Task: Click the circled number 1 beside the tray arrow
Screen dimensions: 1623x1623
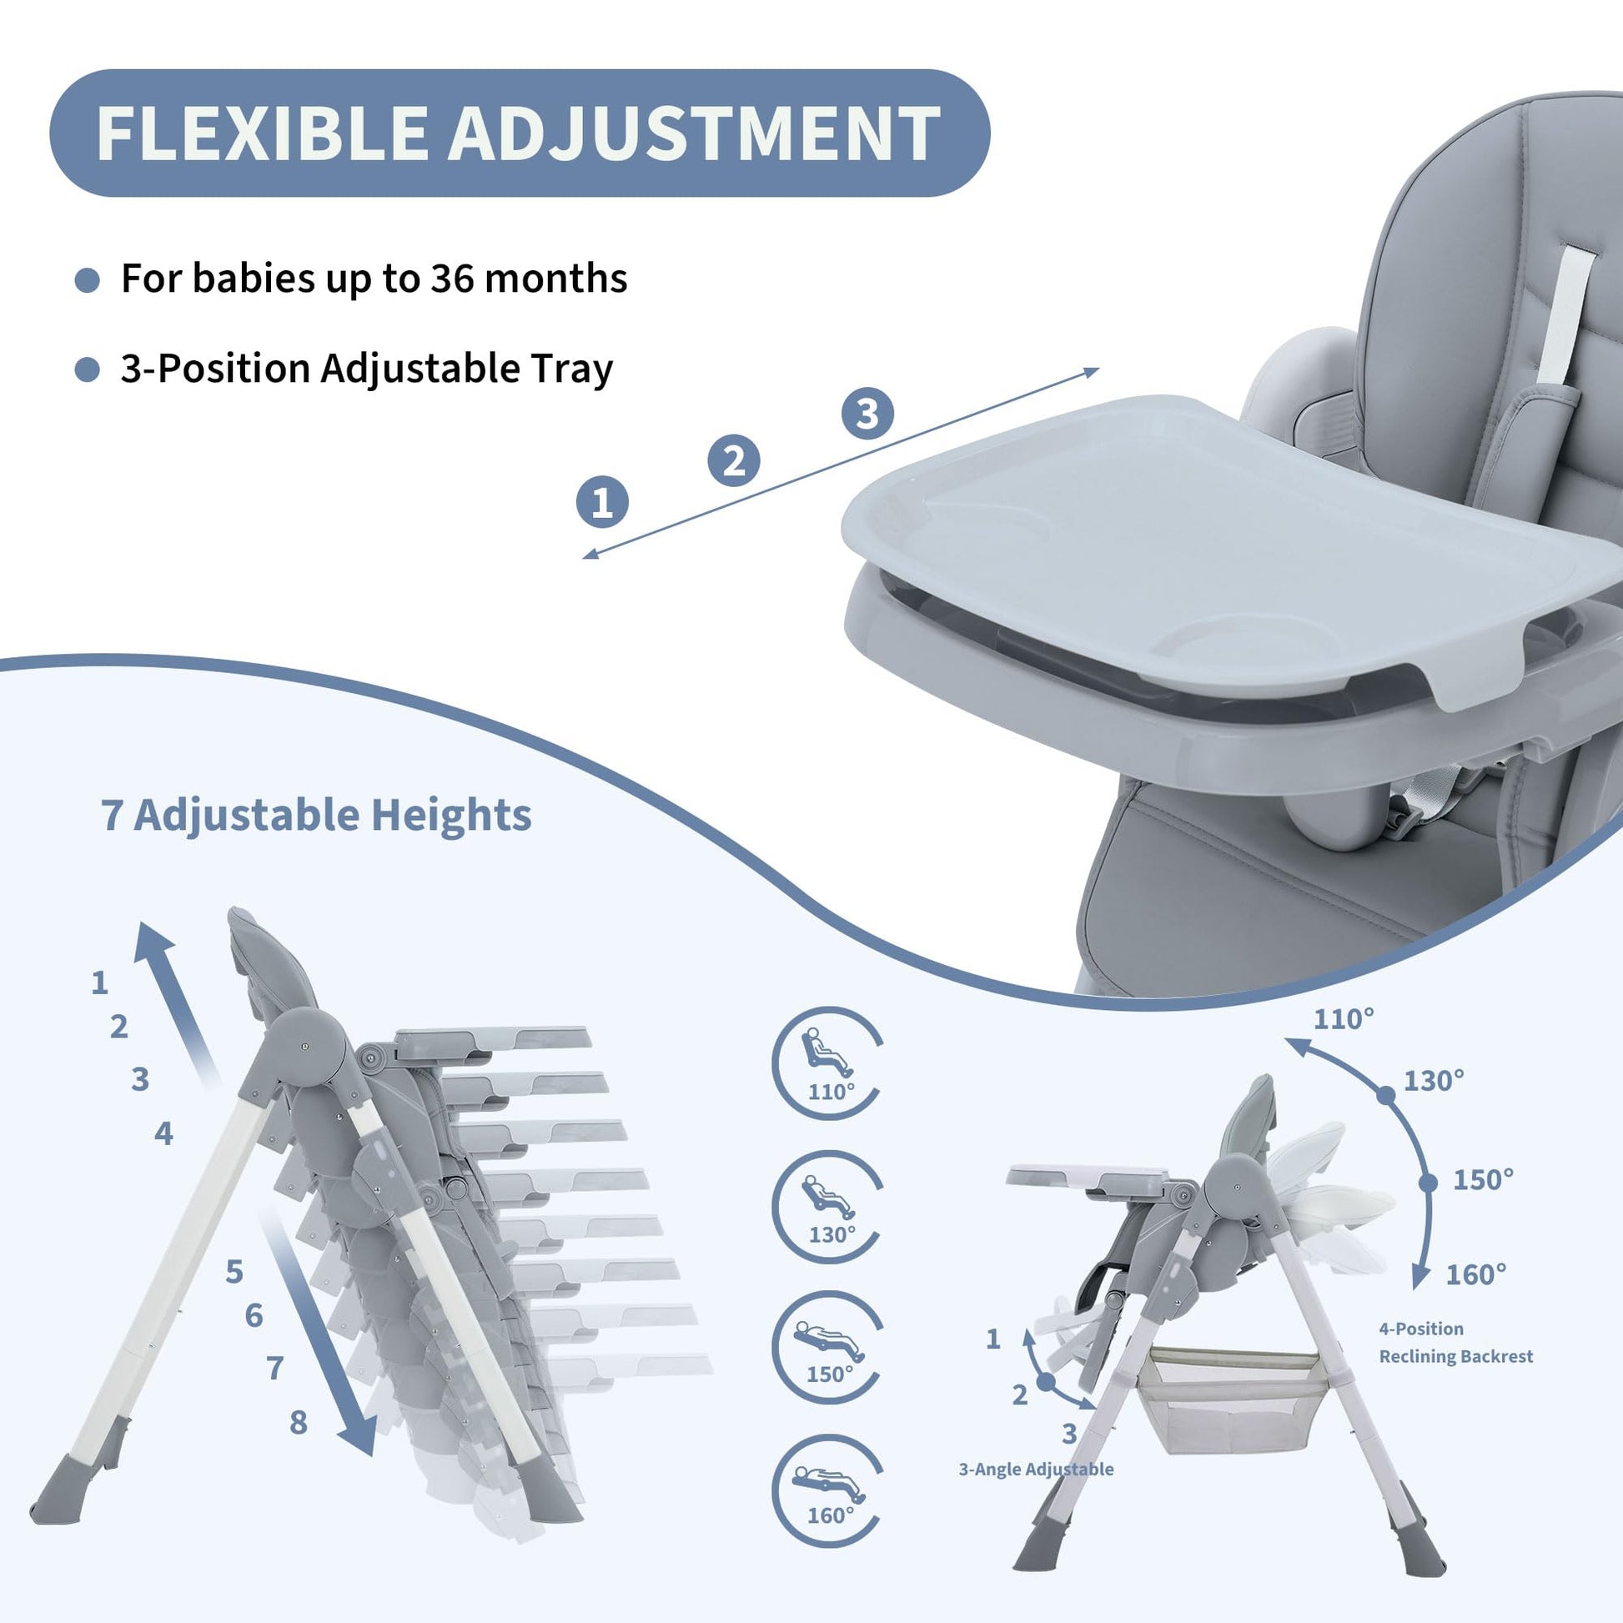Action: [602, 502]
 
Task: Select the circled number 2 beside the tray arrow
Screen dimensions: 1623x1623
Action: [734, 460]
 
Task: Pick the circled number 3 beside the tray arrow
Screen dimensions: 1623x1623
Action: [867, 414]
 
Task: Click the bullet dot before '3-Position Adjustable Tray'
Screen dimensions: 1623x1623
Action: [88, 369]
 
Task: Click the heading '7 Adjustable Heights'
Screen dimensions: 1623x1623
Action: [316, 814]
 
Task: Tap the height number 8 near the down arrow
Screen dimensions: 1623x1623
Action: [299, 1422]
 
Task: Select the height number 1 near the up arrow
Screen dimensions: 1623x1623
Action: [100, 982]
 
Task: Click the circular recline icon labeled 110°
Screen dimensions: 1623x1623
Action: [827, 1063]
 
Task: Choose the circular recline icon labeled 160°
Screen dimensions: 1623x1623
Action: [827, 1492]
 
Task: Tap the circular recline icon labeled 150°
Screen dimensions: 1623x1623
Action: [827, 1349]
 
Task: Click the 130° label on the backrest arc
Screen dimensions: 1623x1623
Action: [1434, 1080]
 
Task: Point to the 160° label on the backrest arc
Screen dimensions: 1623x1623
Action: [1476, 1274]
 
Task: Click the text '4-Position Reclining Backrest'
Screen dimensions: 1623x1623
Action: [1456, 1343]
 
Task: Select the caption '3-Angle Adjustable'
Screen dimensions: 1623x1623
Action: [1036, 1470]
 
